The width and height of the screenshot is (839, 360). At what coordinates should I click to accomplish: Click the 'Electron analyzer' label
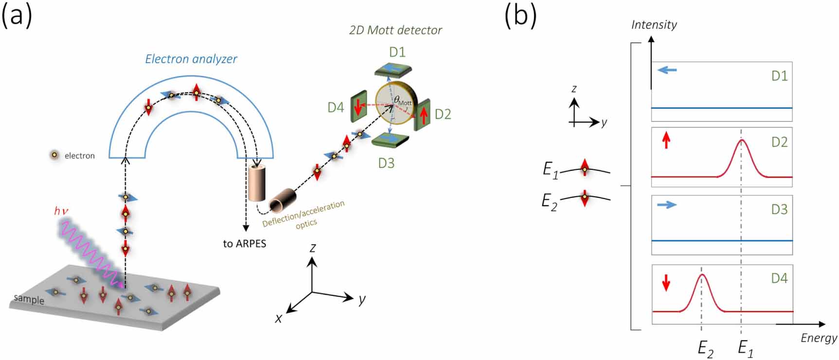coord(191,59)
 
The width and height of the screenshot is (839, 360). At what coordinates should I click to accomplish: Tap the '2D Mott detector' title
coord(395,30)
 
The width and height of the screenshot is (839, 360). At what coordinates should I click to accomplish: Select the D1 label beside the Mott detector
coord(397,52)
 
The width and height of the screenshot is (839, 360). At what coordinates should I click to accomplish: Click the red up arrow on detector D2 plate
coord(424,115)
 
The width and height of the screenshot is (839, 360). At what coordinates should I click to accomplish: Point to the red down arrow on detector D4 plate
coord(358,107)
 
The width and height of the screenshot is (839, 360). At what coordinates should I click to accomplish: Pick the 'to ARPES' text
coord(245,244)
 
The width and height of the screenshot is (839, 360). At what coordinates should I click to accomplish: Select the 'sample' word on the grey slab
coord(29,299)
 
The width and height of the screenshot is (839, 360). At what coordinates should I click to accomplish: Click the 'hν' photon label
coord(61,211)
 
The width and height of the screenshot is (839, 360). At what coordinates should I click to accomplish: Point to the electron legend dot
coord(55,155)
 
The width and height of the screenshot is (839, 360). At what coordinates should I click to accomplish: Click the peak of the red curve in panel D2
coord(741,141)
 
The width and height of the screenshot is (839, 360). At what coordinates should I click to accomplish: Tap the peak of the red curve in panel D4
coord(701,275)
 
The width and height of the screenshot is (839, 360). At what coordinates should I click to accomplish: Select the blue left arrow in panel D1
coord(667,71)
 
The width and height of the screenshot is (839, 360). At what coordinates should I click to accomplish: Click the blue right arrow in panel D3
coord(667,205)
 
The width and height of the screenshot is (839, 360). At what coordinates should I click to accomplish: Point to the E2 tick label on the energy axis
coord(705,348)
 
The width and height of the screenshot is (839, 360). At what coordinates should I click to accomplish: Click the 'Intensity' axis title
coord(654,24)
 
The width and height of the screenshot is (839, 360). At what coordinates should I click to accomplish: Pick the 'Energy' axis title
coord(819,338)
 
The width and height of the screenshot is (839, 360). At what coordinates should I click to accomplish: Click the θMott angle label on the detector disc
coord(402,102)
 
